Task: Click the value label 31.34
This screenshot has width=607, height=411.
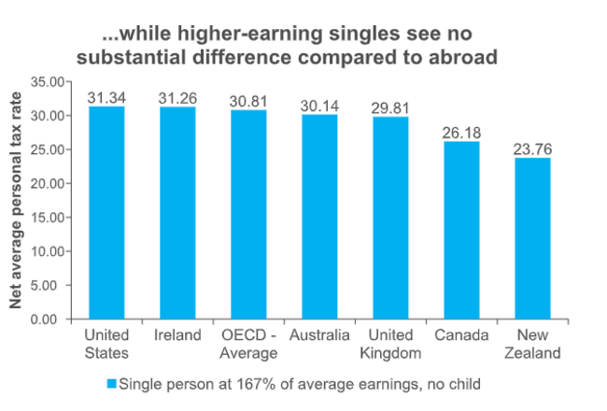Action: click(x=106, y=97)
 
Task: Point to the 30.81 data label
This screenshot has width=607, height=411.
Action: click(x=248, y=101)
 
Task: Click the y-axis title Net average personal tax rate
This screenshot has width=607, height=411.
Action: click(x=16, y=200)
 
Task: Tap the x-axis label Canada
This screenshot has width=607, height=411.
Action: click(x=461, y=335)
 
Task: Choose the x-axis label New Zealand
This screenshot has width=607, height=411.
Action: click(x=532, y=344)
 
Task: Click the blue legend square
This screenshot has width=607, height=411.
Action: click(x=111, y=383)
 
